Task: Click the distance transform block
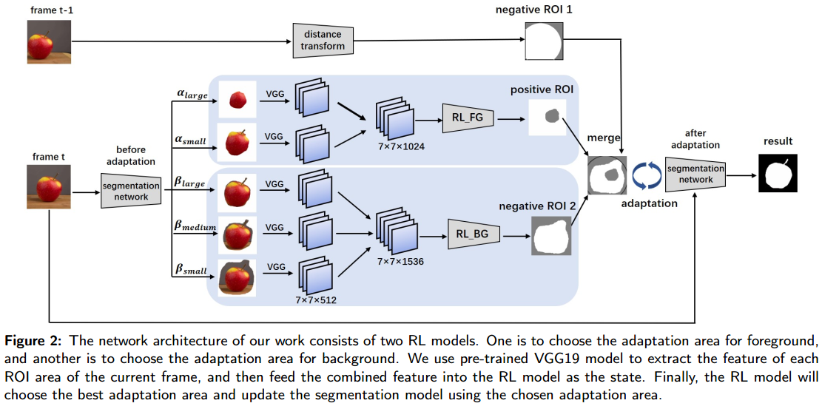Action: coord(323,40)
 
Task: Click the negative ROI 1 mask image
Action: coord(542,41)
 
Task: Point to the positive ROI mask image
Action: coord(547,117)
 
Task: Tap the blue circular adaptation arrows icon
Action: coord(646,176)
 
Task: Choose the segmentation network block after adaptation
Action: coord(695,175)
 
